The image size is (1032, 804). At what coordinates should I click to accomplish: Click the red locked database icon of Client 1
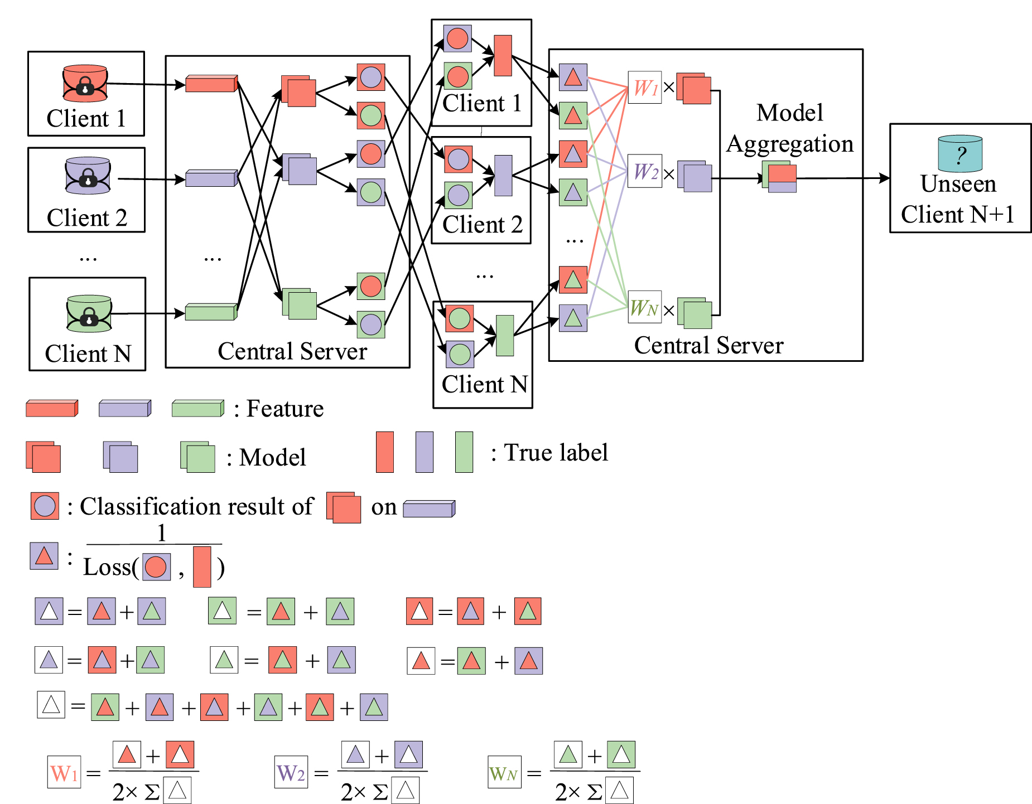click(85, 84)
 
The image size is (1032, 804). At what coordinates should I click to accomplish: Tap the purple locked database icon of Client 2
click(88, 176)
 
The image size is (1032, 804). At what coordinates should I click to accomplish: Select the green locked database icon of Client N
click(89, 314)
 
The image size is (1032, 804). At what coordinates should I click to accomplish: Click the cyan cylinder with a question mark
click(959, 154)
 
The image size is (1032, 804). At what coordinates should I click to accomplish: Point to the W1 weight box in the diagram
click(644, 88)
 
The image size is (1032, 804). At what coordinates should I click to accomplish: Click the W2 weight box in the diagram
click(644, 171)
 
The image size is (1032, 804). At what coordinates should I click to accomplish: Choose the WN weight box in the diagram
click(644, 307)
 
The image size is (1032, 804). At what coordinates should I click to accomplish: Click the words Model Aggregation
click(789, 128)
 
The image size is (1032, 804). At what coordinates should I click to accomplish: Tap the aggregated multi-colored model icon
click(780, 177)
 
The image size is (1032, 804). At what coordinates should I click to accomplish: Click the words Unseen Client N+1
click(958, 199)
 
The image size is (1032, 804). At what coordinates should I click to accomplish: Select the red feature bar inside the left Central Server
click(211, 84)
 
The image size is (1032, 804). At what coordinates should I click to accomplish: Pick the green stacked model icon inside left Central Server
click(300, 304)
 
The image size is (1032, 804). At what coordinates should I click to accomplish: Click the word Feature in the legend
click(284, 409)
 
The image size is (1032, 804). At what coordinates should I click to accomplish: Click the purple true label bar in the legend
click(424, 452)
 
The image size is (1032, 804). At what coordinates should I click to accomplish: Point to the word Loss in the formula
click(107, 568)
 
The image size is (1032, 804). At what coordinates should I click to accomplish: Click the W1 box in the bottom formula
click(64, 772)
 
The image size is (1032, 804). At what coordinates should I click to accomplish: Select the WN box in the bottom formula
click(504, 772)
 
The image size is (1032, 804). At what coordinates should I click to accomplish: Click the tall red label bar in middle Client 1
click(503, 56)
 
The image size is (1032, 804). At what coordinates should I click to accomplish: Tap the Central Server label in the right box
click(708, 346)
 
